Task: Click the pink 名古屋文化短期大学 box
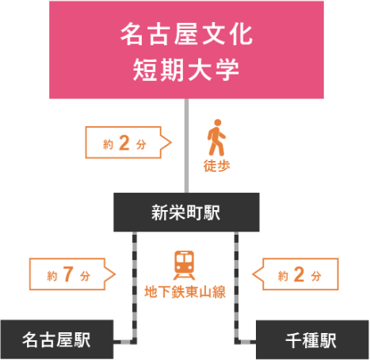pyautogui.click(x=186, y=50)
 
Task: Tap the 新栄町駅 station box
pyautogui.click(x=186, y=213)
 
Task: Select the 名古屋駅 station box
pyautogui.click(x=57, y=339)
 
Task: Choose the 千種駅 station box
pyautogui.click(x=312, y=340)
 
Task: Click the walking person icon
pyautogui.click(x=216, y=137)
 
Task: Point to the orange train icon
pyautogui.click(x=185, y=265)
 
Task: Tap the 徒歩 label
pyautogui.click(x=216, y=166)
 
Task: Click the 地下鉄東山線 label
pyautogui.click(x=185, y=292)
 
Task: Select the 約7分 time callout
pyautogui.click(x=72, y=274)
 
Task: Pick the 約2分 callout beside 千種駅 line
pyautogui.click(x=296, y=274)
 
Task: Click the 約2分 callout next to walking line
pyautogui.click(x=128, y=143)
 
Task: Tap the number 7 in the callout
pyautogui.click(x=68, y=274)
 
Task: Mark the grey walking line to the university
pyautogui.click(x=186, y=146)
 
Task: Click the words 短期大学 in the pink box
pyautogui.click(x=186, y=70)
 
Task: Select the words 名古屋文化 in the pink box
pyautogui.click(x=186, y=34)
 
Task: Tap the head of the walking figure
pyautogui.click(x=218, y=122)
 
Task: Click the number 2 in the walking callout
pyautogui.click(x=124, y=143)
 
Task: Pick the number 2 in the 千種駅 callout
pyautogui.click(x=299, y=274)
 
